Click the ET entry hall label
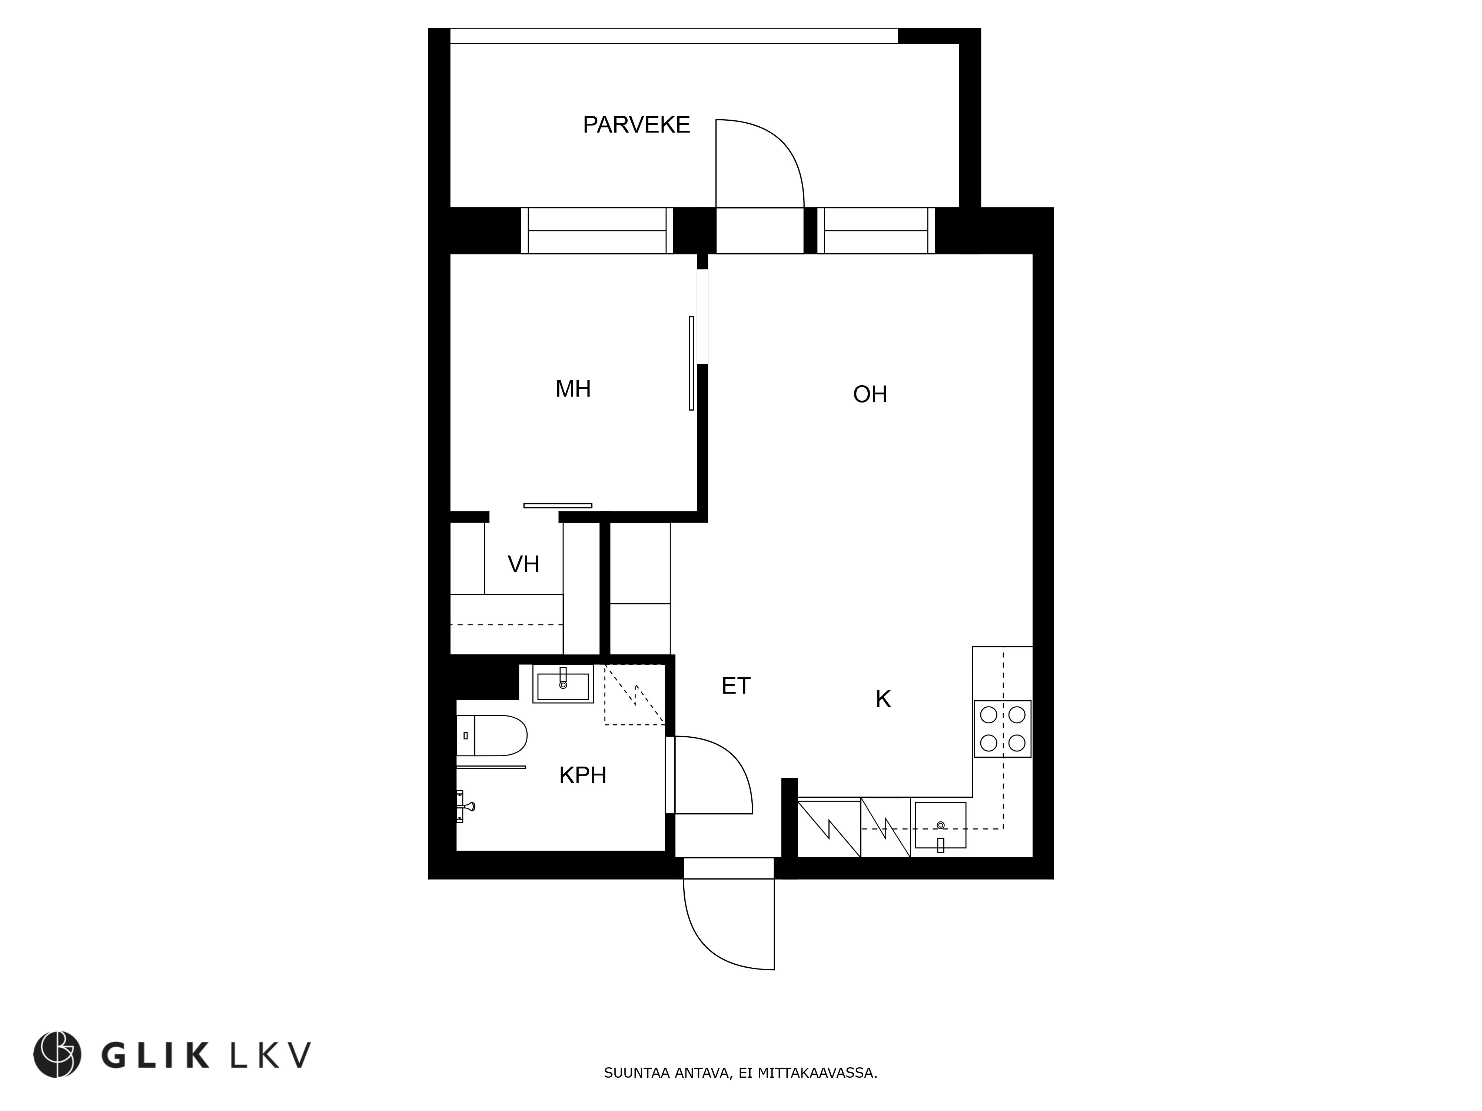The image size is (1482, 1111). coord(736,686)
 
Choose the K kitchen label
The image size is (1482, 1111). coord(883,699)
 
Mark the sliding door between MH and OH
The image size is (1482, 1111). coord(691,363)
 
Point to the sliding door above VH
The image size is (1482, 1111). coord(558,506)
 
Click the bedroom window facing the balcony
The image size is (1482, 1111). coord(597,230)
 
